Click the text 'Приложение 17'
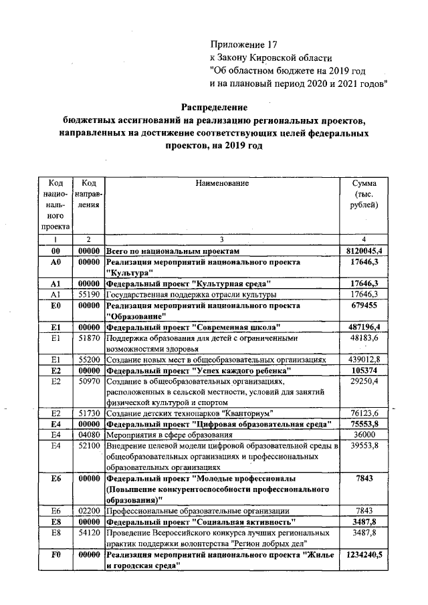click(243, 45)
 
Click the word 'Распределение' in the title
click(215, 107)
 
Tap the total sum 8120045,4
click(364, 250)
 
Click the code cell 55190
click(88, 294)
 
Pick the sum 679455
click(364, 306)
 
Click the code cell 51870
click(88, 338)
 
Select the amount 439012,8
click(364, 360)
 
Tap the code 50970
click(88, 381)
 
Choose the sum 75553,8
click(364, 424)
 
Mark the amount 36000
click(364, 435)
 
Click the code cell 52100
click(88, 445)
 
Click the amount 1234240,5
click(364, 555)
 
